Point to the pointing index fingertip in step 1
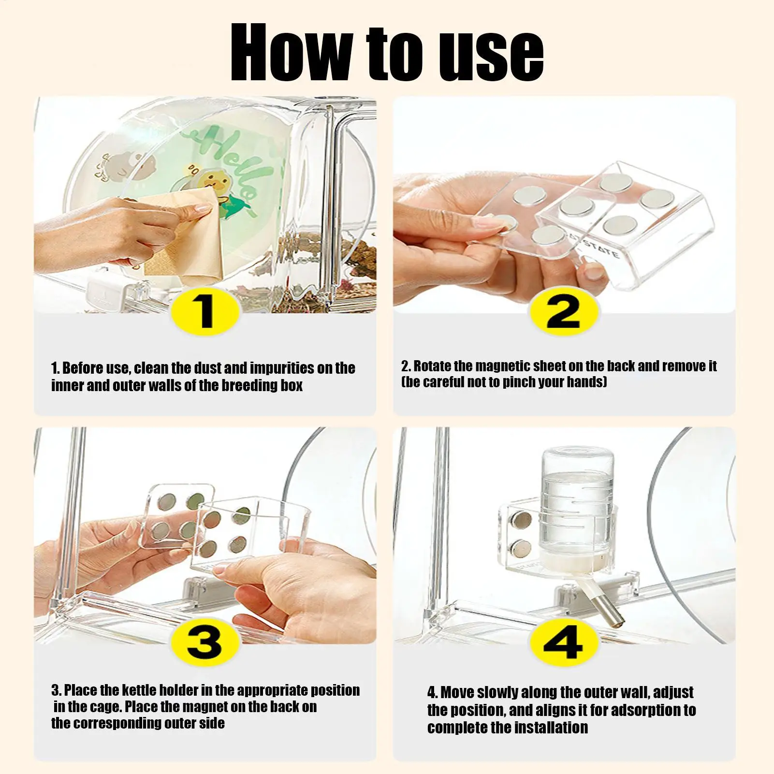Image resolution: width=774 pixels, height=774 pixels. point(205,208)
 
